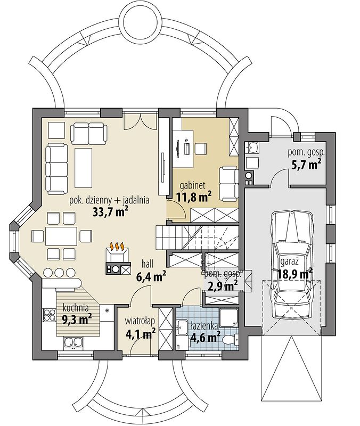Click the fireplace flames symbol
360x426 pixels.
coord(117,247)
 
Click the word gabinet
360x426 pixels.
coord(193,185)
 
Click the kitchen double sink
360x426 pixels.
coord(73,343)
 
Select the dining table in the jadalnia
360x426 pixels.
coord(61,236)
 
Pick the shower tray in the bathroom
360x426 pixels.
coord(228,318)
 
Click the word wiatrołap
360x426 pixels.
coord(140,321)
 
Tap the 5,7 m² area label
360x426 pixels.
coord(306,165)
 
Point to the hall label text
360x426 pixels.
coord(148,264)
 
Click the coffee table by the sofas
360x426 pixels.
coord(84,167)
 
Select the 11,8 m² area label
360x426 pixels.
coord(194,196)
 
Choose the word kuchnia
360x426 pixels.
coord(76,308)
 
